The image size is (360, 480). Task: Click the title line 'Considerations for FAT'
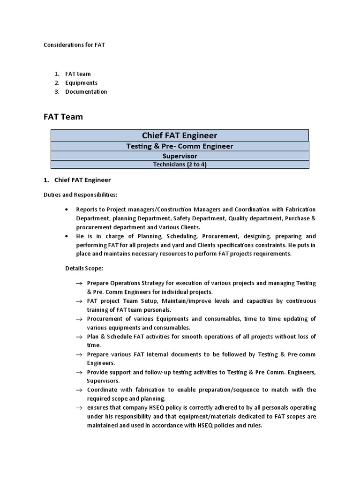click(75, 45)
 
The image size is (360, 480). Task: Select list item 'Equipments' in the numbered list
click(81, 83)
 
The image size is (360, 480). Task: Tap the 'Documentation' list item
click(86, 92)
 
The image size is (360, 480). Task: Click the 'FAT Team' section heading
click(63, 117)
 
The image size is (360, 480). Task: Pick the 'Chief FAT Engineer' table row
click(180, 135)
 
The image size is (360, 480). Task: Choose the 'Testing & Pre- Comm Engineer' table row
click(180, 146)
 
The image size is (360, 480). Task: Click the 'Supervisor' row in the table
click(180, 156)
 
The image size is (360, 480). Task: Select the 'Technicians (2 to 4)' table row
click(180, 165)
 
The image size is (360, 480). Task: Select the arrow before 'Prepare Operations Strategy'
click(79, 284)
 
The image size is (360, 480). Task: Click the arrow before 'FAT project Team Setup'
click(79, 301)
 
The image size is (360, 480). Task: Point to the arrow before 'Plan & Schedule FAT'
click(79, 337)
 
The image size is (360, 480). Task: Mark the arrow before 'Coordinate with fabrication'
click(79, 390)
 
